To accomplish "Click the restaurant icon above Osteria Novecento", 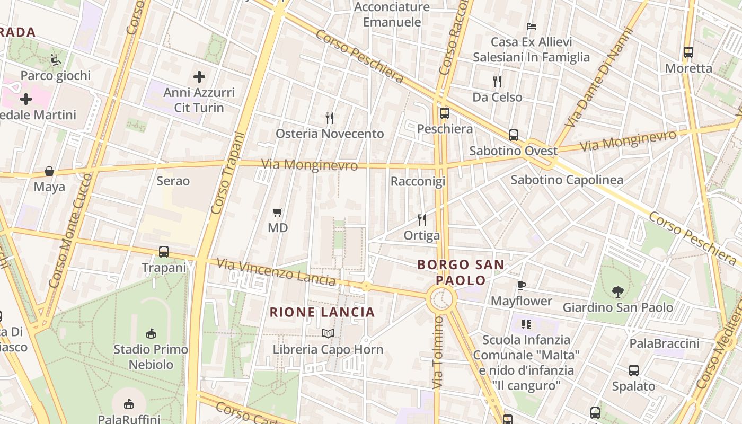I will tap(330, 118).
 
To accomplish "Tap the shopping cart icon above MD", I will tap(277, 213).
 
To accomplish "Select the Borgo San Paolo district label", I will tap(461, 272).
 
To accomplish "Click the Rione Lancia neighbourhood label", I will tap(322, 312).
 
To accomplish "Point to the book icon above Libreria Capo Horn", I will tap(328, 333).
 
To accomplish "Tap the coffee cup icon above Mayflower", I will tap(522, 285).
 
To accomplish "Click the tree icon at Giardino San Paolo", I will tap(617, 291).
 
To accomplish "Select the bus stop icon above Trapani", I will tap(164, 252).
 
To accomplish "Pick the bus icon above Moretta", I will tap(688, 52).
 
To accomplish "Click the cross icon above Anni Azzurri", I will tap(199, 77).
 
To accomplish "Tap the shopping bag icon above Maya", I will tap(49, 171).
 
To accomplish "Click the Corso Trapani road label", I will tap(225, 173).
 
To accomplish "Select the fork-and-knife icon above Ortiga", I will tap(422, 219).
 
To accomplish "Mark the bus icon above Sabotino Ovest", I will tap(513, 135).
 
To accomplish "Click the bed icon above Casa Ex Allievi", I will tap(532, 26).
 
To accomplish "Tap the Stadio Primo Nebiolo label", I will tap(151, 357).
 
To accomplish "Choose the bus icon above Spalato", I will tap(634, 370).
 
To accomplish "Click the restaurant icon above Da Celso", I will tap(497, 82).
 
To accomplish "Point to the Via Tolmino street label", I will tap(437, 352).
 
